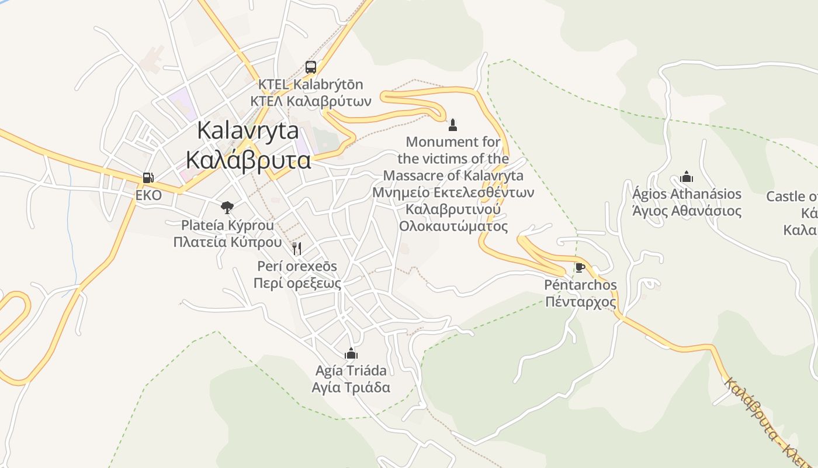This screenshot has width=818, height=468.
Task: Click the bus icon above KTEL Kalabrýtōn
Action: coord(311,67)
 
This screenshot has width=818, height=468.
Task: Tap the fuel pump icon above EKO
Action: coord(148,178)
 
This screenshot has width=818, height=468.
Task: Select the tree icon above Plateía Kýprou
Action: coord(227,207)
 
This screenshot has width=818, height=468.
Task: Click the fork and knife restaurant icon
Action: coord(297,249)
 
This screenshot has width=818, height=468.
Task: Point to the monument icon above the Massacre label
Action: coord(452,125)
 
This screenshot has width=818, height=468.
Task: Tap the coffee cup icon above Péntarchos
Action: coord(580,268)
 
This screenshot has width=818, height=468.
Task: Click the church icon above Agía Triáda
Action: coord(351,353)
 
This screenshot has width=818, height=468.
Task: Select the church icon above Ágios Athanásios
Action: coord(687,177)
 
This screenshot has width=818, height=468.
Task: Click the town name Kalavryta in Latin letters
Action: coord(248,130)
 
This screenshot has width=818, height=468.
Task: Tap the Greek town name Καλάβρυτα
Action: coord(248,159)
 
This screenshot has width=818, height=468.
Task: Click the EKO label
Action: coord(148,195)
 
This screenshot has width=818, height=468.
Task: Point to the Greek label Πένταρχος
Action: coord(581,302)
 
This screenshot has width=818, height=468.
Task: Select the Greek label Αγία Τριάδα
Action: coord(351,387)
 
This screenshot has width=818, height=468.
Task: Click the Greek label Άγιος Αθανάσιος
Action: coord(687,211)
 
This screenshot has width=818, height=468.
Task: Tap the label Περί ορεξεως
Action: coord(297,283)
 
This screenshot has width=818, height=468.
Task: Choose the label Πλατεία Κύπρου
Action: coord(227,242)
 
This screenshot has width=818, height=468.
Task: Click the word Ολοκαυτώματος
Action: coord(453,226)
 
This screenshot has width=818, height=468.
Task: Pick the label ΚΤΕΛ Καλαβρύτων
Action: coord(311,101)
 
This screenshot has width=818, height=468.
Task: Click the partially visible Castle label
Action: coord(792,197)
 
